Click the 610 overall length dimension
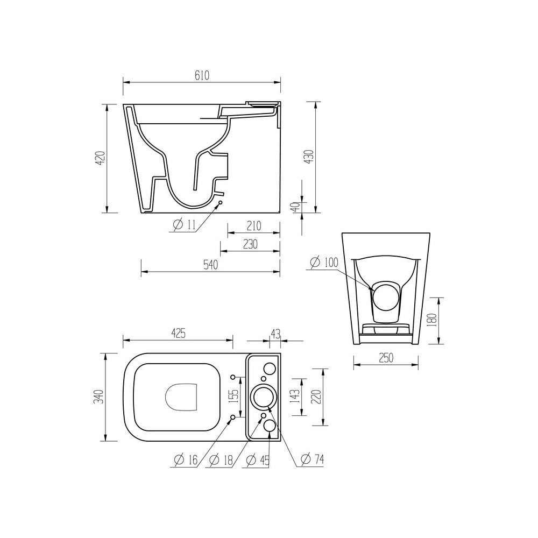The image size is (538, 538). pos(202,75)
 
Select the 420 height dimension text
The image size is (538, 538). pos(100,158)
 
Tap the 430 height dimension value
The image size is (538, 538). pos(309,157)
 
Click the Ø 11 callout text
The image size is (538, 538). pos(184,225)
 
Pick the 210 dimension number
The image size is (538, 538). pos(253,226)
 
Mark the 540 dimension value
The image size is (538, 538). pos(211,265)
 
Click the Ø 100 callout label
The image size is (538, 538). pos(324,263)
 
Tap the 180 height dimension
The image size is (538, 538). pos(433,320)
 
